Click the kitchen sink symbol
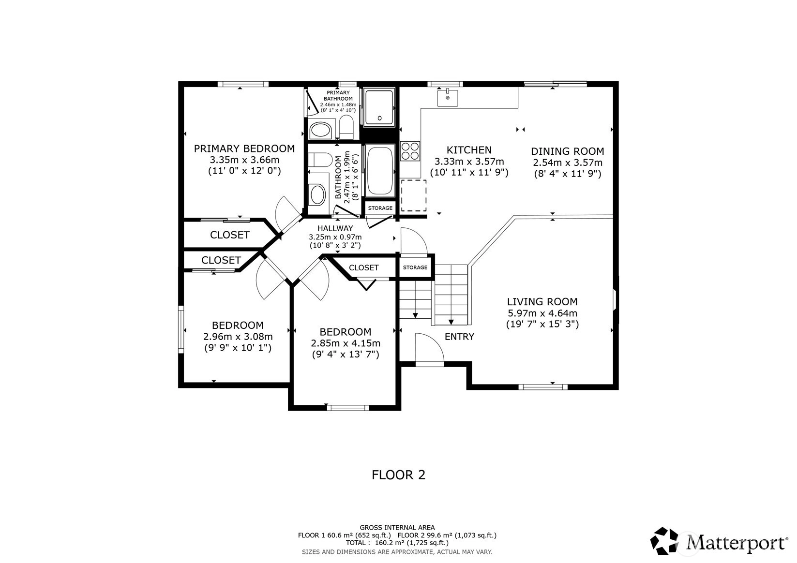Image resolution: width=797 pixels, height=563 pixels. click(x=447, y=98)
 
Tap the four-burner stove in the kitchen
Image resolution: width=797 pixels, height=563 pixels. click(x=410, y=151)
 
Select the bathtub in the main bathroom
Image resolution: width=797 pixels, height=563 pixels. click(x=380, y=170)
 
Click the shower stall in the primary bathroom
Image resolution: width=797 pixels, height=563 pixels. click(x=379, y=107)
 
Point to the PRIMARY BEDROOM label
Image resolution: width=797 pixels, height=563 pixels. click(x=244, y=148)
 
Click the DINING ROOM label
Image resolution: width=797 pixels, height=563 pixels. click(x=568, y=151)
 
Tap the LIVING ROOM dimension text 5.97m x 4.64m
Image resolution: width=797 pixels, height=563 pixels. click(x=542, y=313)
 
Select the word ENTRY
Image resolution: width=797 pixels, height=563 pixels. click(x=459, y=337)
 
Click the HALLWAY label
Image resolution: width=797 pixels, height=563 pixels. click(x=335, y=228)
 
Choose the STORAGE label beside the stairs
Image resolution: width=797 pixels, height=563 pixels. click(x=415, y=267)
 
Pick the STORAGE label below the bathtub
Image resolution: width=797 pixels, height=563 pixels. click(x=380, y=208)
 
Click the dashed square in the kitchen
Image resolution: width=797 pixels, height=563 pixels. click(x=414, y=195)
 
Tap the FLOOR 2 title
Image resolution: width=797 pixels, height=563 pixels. click(x=399, y=475)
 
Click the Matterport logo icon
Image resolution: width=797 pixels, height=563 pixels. click(x=664, y=541)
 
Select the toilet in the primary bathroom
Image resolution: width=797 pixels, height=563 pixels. click(x=346, y=127)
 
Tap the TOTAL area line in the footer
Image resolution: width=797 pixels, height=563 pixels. click(x=397, y=543)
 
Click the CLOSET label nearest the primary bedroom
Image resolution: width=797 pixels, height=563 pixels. click(x=230, y=235)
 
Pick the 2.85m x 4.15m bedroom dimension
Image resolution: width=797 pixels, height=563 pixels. click(x=346, y=343)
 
